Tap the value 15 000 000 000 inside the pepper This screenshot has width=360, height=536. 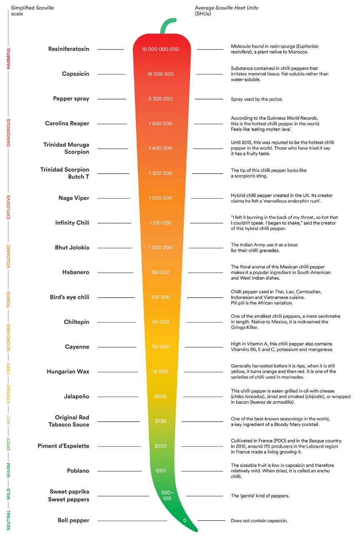point(160,49)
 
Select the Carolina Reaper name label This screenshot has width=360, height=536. point(67,123)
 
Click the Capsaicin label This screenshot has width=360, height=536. point(75,74)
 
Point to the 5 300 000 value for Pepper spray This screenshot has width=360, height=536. point(160,99)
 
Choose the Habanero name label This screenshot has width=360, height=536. point(75,272)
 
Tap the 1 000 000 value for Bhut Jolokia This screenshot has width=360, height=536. point(160,247)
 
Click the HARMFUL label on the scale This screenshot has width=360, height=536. point(8,58)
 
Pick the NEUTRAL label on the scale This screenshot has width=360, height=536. point(8,520)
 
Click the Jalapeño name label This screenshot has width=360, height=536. point(77,396)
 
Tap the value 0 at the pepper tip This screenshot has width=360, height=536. point(185,520)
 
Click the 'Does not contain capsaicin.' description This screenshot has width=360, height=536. point(259,521)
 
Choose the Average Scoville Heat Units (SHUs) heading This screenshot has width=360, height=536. point(226,11)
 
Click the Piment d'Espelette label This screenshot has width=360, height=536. point(63,446)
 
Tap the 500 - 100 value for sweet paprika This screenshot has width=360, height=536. point(167,495)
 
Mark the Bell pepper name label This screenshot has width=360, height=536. point(73,520)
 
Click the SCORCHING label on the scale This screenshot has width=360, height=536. point(8,337)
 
